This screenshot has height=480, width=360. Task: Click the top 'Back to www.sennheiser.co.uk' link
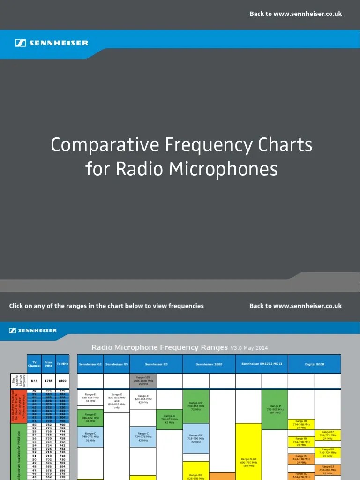pos(295,14)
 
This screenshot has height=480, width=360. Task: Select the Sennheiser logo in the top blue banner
pos(52,43)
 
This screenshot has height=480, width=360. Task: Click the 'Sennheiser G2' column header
pos(90,364)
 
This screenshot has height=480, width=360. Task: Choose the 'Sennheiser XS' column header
pos(117,364)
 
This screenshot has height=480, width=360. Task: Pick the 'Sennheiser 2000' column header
pos(209,364)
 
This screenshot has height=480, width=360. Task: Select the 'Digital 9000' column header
pos(314,364)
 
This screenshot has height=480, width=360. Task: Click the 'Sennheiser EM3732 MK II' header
pos(262,364)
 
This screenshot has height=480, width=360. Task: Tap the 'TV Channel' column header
pos(34,364)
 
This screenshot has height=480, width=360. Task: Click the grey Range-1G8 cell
pos(143,381)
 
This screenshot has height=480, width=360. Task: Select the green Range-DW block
pos(196,406)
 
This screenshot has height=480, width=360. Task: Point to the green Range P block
pos(275,409)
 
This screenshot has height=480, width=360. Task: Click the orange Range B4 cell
pos(301,458)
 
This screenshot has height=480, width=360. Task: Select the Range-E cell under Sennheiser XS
pos(117,400)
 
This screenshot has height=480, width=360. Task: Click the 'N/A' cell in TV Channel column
pos(34,381)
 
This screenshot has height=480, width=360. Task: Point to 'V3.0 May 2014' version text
pos(249,348)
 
